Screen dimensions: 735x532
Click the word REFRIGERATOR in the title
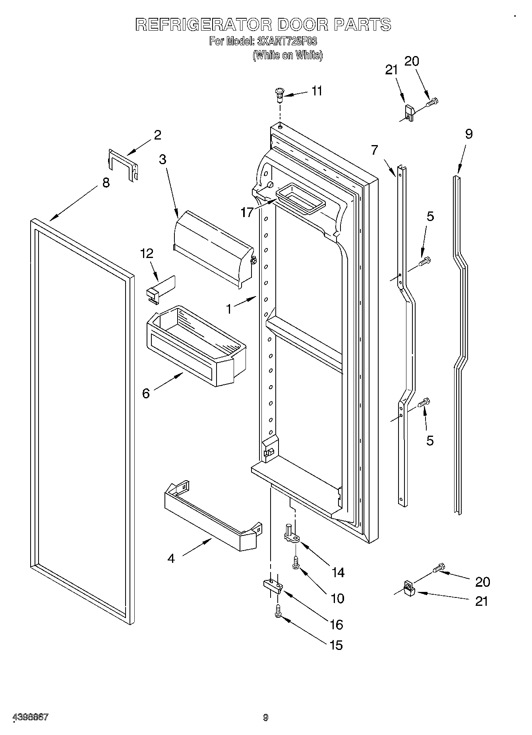(x=203, y=25)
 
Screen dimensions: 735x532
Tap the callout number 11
(x=317, y=91)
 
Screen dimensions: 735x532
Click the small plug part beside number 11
(x=280, y=95)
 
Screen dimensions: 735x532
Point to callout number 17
(x=247, y=212)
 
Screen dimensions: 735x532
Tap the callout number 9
(x=469, y=134)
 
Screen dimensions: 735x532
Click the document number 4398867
(x=31, y=718)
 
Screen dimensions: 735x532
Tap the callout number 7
(x=375, y=150)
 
